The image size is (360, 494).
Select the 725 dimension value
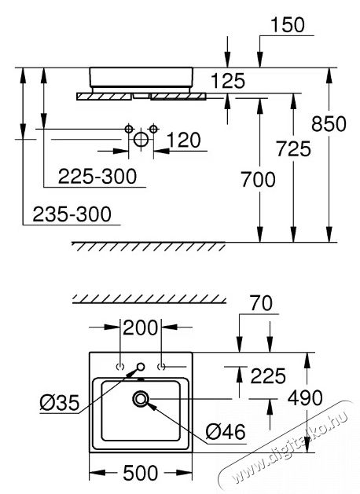click(x=293, y=147)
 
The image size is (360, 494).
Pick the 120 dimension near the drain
click(x=185, y=141)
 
